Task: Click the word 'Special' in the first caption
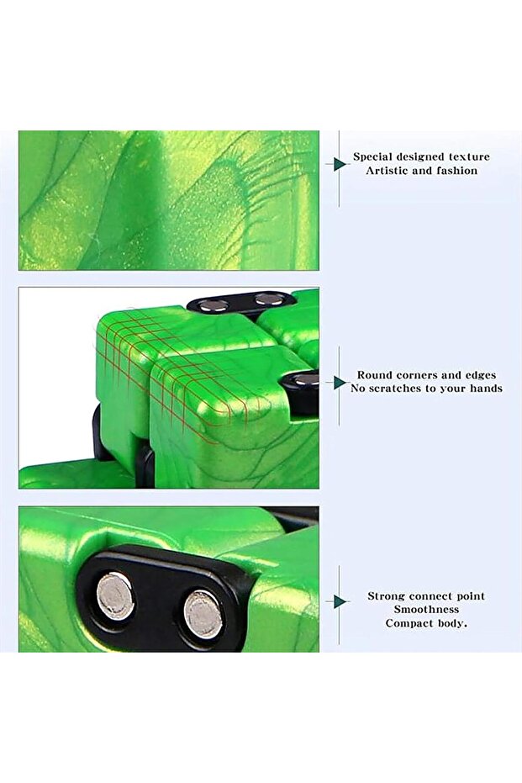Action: [371, 156]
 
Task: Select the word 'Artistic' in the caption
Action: [385, 171]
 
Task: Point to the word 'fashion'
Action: [456, 171]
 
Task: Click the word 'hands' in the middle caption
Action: [486, 389]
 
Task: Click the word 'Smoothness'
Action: [426, 610]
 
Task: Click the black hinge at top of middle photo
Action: [240, 303]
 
